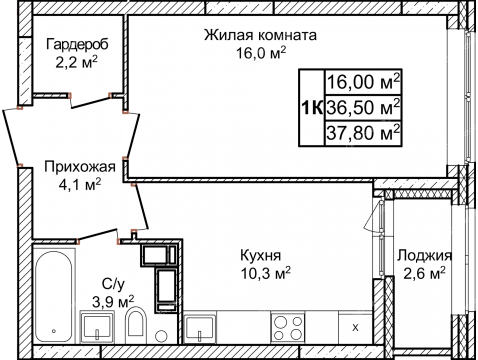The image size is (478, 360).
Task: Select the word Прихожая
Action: pyautogui.click(x=76, y=167)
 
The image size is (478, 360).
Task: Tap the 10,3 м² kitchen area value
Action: pyautogui.click(x=265, y=271)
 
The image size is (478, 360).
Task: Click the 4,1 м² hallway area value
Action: pyautogui.click(x=76, y=184)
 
